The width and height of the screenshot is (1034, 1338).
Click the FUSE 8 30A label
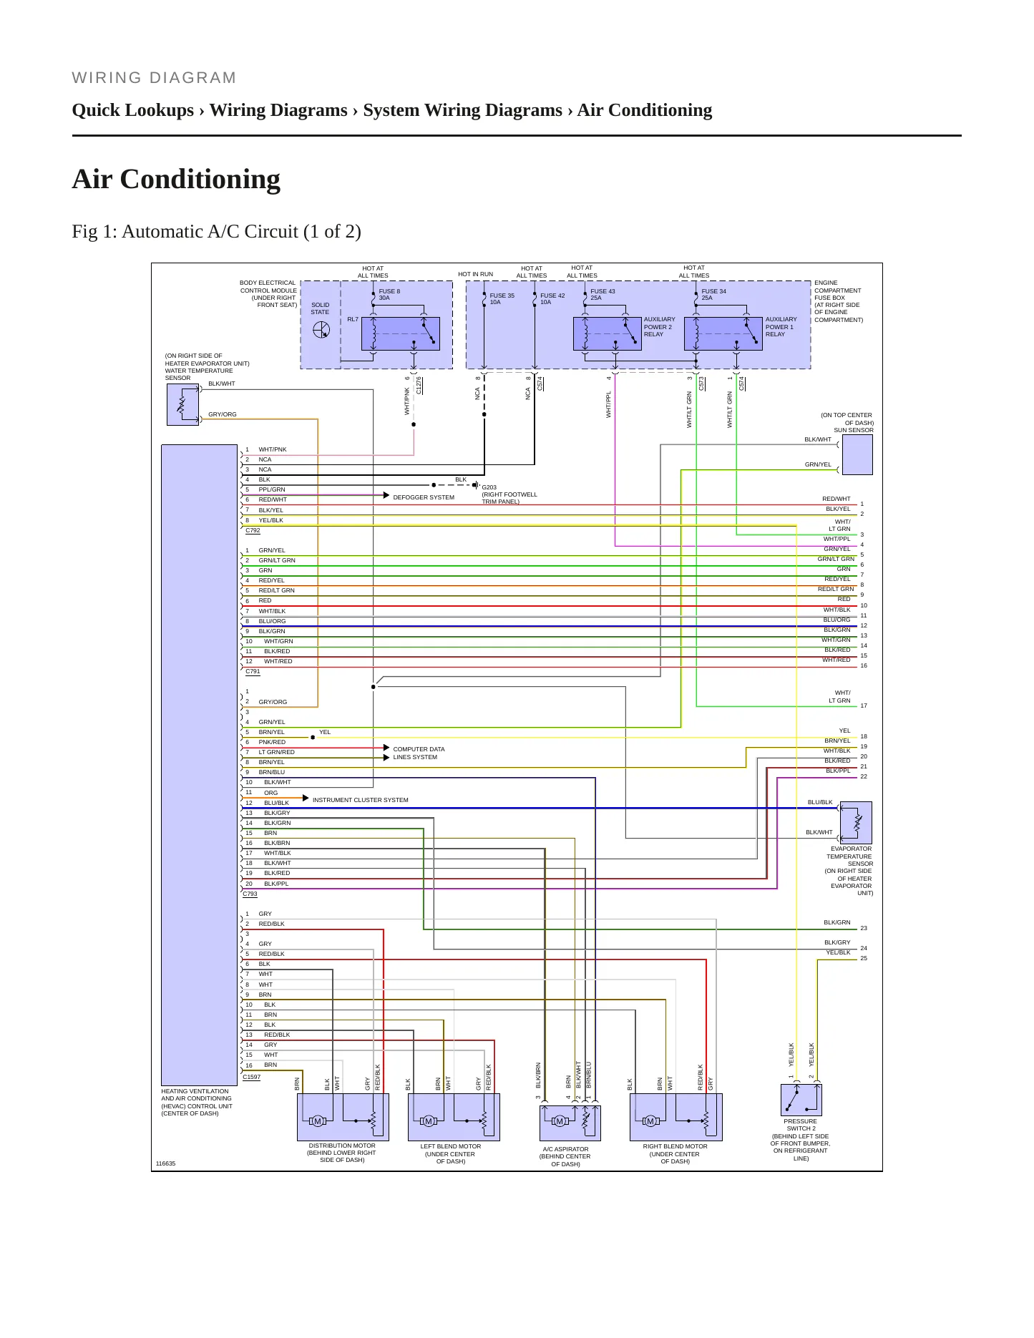[389, 294]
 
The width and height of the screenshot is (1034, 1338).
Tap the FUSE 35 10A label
[502, 298]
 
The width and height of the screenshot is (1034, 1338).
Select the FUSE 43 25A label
[603, 294]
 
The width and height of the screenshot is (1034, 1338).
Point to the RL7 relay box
[400, 333]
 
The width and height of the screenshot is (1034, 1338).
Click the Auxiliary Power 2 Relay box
[607, 333]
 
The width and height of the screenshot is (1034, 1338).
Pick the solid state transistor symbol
[321, 330]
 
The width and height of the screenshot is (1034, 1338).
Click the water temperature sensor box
[182, 405]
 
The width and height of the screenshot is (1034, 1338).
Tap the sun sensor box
[857, 454]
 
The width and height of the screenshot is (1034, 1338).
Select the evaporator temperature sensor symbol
[857, 822]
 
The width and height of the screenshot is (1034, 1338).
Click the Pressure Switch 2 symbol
[801, 1100]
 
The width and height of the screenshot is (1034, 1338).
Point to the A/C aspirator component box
[570, 1123]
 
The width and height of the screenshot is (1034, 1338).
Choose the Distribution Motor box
[343, 1117]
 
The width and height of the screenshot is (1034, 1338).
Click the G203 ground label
[489, 487]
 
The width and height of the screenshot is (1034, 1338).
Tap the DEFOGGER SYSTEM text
[424, 497]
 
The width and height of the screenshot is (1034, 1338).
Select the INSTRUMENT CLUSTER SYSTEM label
[361, 800]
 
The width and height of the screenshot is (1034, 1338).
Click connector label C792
[253, 531]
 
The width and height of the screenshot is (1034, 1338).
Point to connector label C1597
[252, 1077]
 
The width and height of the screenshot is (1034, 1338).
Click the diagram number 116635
[165, 1163]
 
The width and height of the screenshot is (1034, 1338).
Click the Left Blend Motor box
[454, 1117]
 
